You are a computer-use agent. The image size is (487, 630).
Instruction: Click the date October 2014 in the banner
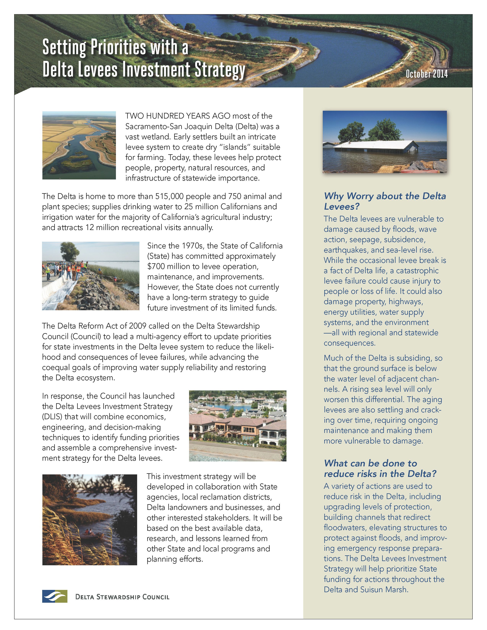point(426,74)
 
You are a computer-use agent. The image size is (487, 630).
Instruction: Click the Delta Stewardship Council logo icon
point(55,596)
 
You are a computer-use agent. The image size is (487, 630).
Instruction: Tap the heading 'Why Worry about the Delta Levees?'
point(385,201)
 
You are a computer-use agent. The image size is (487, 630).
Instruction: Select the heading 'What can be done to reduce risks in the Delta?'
point(380,468)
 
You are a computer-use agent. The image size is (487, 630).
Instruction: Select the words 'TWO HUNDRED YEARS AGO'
point(177,116)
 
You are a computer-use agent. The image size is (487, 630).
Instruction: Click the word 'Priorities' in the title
point(118,47)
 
